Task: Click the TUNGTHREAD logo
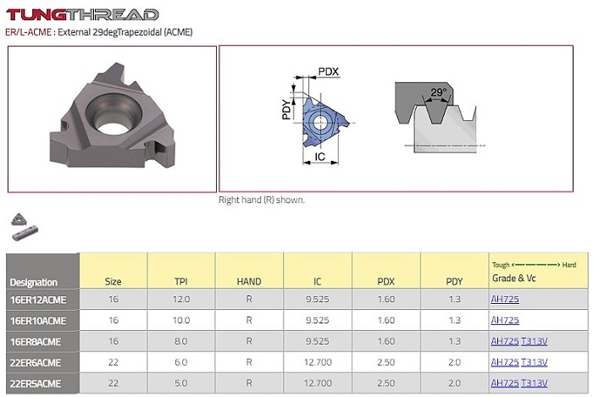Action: pyautogui.click(x=82, y=14)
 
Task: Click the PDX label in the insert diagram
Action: pyautogui.click(x=329, y=71)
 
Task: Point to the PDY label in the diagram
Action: pyautogui.click(x=287, y=109)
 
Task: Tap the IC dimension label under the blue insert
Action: pyautogui.click(x=320, y=157)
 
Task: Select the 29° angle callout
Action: pyautogui.click(x=438, y=91)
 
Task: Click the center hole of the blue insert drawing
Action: pyautogui.click(x=320, y=122)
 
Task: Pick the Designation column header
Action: pyautogui.click(x=34, y=282)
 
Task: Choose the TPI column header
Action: pyautogui.click(x=180, y=281)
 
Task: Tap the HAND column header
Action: pyautogui.click(x=249, y=281)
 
